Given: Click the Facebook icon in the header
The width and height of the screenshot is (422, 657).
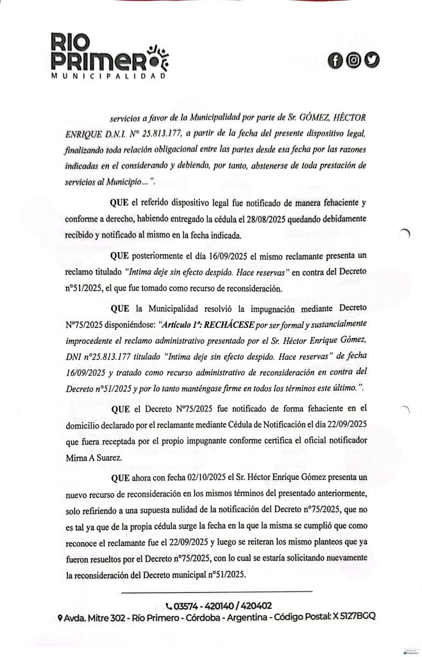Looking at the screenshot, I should [x=335, y=61].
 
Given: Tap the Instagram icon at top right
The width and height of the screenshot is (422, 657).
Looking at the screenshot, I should [x=353, y=61].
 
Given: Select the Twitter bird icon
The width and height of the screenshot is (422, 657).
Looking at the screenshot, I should [x=371, y=61].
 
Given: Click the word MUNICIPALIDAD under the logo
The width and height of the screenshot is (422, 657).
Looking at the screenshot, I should [x=108, y=76].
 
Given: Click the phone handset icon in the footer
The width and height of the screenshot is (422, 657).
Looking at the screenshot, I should [x=169, y=605].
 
